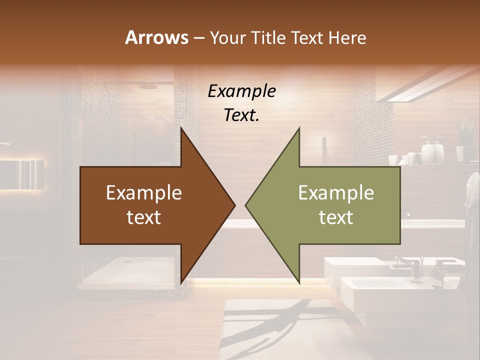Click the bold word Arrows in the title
point(156,37)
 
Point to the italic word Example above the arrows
point(241,91)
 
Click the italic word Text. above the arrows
point(241,115)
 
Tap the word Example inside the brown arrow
point(144,193)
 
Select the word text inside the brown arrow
point(144,217)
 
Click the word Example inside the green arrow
point(336,193)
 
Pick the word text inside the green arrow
point(336,217)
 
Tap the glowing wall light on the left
point(22,175)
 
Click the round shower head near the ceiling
point(148,86)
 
